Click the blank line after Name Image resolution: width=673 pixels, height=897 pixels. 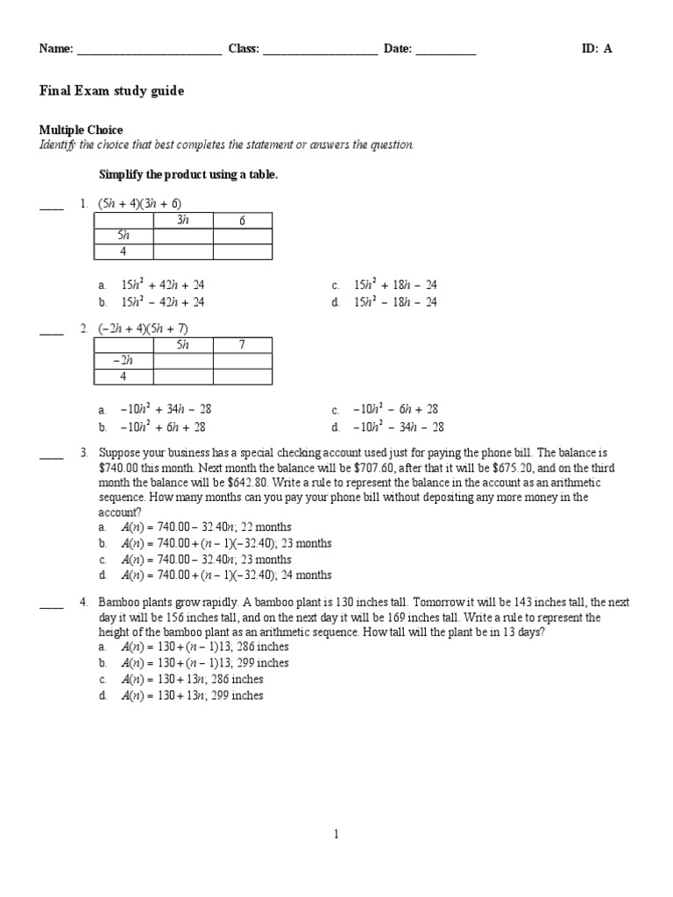tap(149, 51)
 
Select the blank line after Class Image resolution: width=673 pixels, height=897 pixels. tap(320, 51)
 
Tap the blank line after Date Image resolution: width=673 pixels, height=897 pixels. tap(445, 51)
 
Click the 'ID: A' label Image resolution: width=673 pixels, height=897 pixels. tap(597, 49)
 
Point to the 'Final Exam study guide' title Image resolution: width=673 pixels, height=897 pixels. tap(111, 91)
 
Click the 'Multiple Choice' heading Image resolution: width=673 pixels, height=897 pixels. tap(81, 130)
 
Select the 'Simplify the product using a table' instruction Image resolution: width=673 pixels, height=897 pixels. tap(188, 175)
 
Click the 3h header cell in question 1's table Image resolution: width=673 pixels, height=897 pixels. tap(183, 221)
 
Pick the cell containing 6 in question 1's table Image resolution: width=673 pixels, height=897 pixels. tap(243, 221)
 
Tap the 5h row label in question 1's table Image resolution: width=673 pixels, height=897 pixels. tap(124, 236)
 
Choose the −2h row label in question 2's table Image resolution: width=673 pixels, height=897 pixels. tap(124, 360)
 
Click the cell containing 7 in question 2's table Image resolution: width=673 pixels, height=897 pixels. tap(243, 345)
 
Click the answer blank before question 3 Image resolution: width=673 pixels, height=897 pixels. tap(51, 454)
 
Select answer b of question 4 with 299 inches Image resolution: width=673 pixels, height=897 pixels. tap(204, 663)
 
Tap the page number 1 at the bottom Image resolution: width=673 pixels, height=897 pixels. tap(336, 835)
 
